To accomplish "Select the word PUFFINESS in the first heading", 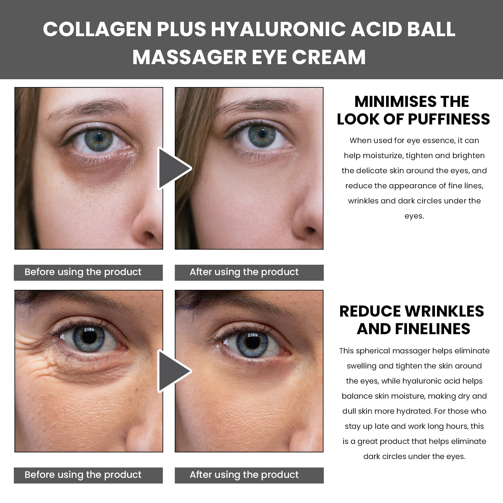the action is coord(449,119).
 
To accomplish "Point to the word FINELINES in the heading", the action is coord(432,329).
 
